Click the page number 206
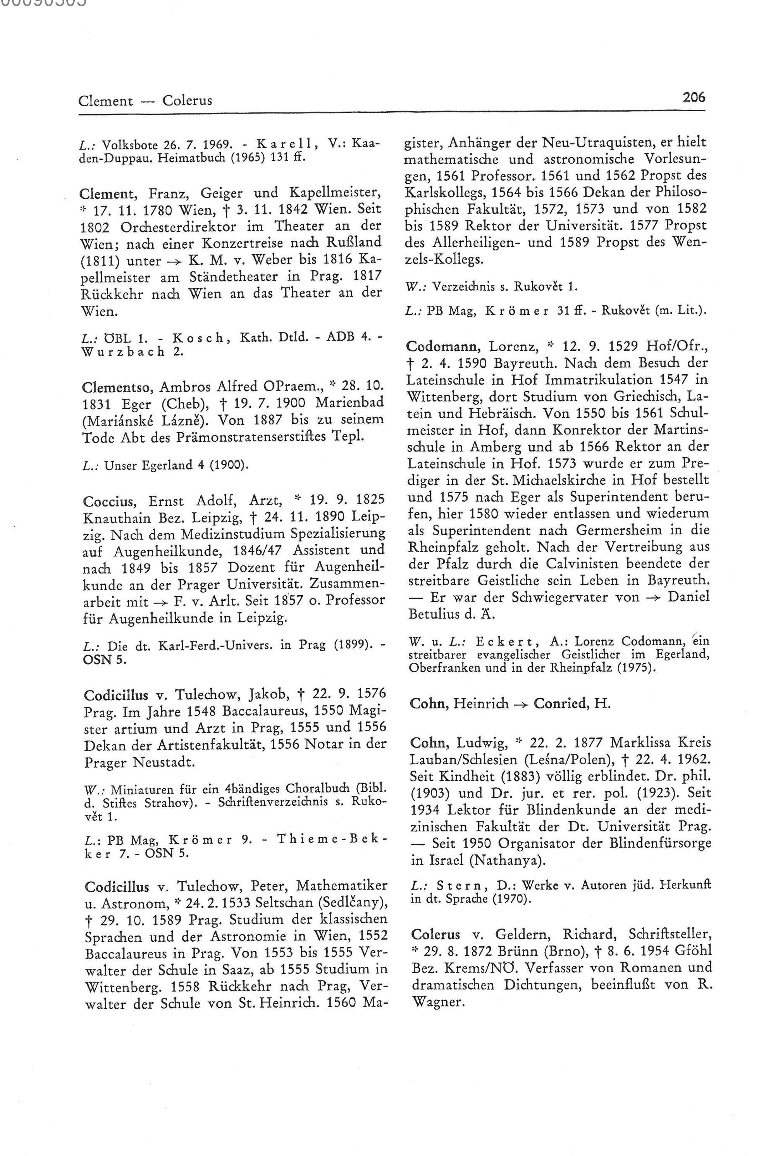pyautogui.click(x=693, y=98)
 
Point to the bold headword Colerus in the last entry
pyautogui.click(x=435, y=934)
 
